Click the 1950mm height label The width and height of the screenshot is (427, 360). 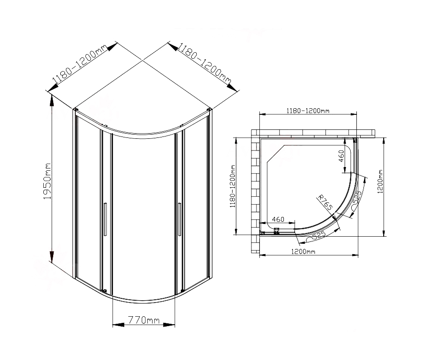tap(47, 181)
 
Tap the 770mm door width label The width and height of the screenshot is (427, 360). tap(144, 320)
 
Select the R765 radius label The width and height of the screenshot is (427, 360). tap(325, 202)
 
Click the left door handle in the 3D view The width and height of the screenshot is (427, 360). tap(105, 219)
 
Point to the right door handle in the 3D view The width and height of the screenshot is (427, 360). tap(179, 219)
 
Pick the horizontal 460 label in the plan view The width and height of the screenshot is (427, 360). tap(278, 219)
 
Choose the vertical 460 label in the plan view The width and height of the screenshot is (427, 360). tap(341, 156)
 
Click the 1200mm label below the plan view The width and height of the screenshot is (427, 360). tap(303, 251)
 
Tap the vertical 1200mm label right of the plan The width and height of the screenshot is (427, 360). tap(380, 182)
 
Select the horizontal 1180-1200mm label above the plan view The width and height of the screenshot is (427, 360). tap(308, 111)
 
